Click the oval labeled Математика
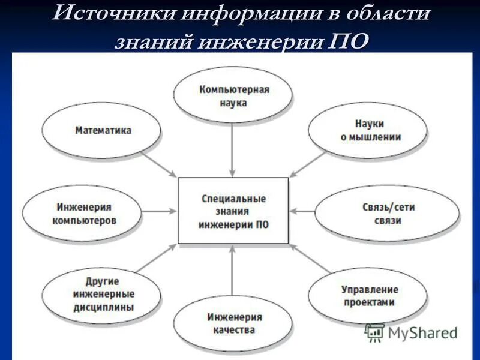(103, 130)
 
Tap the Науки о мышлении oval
(367, 130)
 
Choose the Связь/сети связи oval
(388, 214)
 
